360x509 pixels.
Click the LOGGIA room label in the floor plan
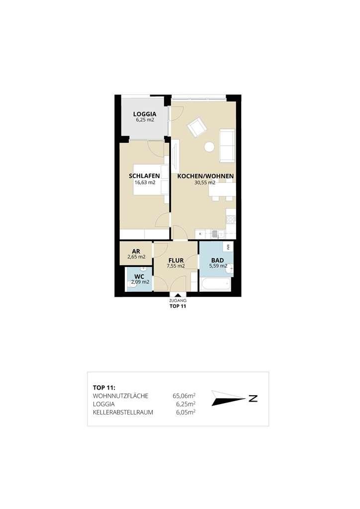point(145,114)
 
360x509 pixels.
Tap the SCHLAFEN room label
point(145,176)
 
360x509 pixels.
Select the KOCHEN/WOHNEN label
point(205,176)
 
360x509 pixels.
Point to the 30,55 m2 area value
point(205,182)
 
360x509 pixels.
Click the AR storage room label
point(136,251)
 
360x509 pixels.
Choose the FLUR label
point(176,260)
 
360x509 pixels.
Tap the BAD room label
point(217,260)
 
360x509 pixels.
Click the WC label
point(139,277)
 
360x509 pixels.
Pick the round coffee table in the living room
point(209,147)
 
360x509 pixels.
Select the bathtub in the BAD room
point(215,284)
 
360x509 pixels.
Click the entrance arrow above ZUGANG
point(178,295)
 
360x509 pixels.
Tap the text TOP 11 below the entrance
point(178,306)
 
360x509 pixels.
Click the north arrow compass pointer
point(228,398)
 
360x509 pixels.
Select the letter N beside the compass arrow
point(253,398)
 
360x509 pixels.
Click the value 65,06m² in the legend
point(184,396)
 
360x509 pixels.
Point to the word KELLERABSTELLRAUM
point(123,413)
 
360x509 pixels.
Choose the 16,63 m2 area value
point(145,182)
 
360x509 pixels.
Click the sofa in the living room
point(227,146)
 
